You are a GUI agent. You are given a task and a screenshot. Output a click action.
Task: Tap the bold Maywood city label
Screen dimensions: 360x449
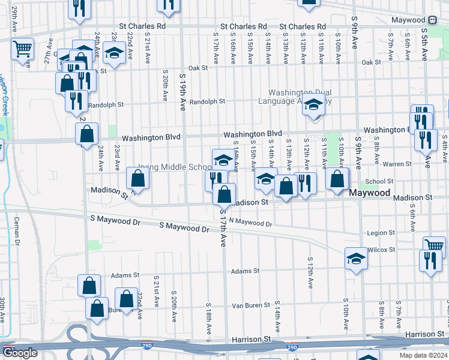tap(370, 193)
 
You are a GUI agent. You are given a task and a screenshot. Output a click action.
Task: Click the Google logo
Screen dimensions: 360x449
tap(20, 353)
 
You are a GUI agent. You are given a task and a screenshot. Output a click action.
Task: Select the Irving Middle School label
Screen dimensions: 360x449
tap(175, 167)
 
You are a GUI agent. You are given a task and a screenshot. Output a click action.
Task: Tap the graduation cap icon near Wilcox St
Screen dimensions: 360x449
tap(356, 259)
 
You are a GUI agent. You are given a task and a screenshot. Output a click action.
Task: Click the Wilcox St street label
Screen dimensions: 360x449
tap(381, 249)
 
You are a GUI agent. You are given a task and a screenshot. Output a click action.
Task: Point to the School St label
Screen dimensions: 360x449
tap(379, 181)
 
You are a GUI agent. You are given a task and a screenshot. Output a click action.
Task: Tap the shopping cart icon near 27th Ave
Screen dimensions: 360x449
tap(22, 49)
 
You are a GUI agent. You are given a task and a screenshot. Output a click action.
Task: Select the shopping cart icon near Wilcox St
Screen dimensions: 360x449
tap(434, 245)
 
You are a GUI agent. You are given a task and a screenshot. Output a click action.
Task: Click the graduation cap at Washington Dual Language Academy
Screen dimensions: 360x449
tap(313, 106)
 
